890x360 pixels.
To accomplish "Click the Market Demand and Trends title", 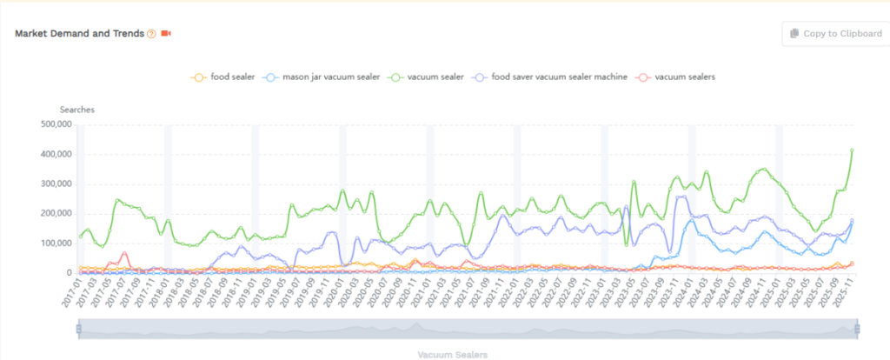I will tap(79, 33).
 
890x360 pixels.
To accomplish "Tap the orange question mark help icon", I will tap(151, 34).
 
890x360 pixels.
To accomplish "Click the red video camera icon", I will tap(166, 34).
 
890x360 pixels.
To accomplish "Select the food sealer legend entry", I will tap(222, 77).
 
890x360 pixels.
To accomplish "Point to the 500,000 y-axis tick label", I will tap(53, 124).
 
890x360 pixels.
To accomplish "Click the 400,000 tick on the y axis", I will tap(53, 154).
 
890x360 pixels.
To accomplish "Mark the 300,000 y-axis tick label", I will tap(53, 184).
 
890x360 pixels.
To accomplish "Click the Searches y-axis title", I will tap(76, 110).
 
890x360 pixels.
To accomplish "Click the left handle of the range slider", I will tap(78, 329).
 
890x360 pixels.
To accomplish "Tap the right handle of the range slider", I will tap(858, 329).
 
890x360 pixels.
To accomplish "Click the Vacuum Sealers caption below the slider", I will tap(452, 355).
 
